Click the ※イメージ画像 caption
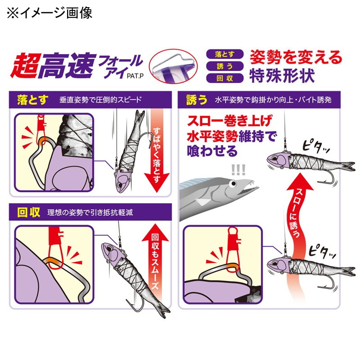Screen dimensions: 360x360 (x=49, y=13)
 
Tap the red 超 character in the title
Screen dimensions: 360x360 (x=25, y=66)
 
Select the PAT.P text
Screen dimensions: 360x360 (x=135, y=76)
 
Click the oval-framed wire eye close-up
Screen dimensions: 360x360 (x=173, y=66)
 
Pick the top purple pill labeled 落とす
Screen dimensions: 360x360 (x=225, y=54)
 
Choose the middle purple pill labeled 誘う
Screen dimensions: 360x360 (x=225, y=66)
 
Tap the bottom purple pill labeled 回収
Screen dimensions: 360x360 (x=225, y=78)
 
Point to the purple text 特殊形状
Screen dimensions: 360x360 (x=282, y=76)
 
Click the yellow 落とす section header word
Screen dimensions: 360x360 (x=32, y=100)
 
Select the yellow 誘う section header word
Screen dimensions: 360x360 (x=196, y=100)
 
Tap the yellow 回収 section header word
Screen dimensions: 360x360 (x=29, y=212)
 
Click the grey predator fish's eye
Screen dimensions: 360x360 (x=233, y=184)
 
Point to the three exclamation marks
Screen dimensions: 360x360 (x=238, y=170)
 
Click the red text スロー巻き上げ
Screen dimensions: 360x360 (x=230, y=121)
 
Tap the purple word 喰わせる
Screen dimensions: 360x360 (x=212, y=151)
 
